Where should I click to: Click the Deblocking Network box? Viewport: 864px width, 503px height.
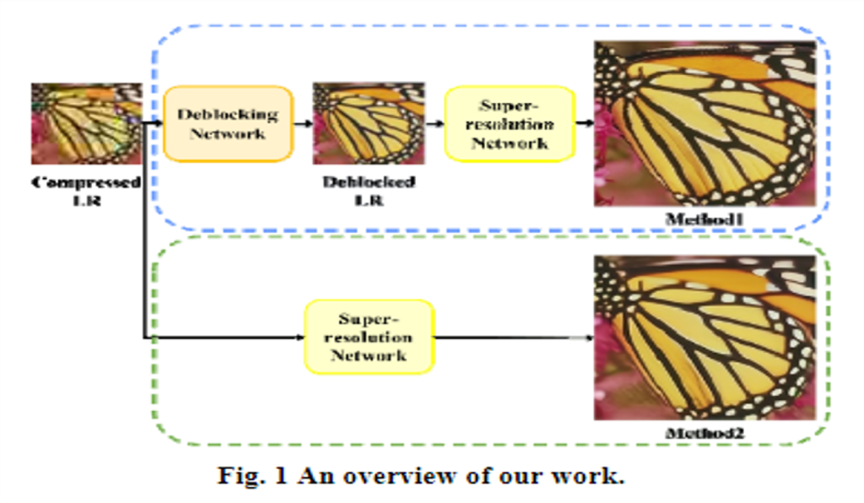point(228,123)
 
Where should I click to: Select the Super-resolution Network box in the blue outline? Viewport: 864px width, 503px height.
point(510,123)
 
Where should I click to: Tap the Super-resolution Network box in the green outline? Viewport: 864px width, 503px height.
point(370,337)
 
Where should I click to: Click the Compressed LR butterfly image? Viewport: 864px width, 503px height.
point(87,123)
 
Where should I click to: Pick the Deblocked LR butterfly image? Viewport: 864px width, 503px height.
point(369,123)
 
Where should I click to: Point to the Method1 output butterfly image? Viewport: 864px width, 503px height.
point(705,124)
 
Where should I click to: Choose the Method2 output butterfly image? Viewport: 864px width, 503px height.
point(705,338)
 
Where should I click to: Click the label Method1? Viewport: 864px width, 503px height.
point(705,219)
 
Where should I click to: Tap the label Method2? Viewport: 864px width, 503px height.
point(705,433)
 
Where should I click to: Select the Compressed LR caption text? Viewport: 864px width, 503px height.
point(86,191)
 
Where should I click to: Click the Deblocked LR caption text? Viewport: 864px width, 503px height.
point(369,191)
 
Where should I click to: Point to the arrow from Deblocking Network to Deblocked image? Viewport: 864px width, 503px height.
point(303,123)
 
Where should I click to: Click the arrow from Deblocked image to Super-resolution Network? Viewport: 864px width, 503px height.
point(435,123)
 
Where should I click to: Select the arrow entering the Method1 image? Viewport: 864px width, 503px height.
point(585,123)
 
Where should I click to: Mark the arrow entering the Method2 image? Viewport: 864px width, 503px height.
point(514,338)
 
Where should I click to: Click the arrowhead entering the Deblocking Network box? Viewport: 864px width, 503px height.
point(158,123)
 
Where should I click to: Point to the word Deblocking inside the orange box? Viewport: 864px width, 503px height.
point(228,115)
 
